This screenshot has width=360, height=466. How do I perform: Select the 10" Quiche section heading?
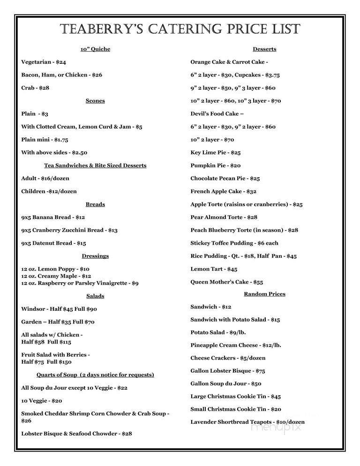(95, 49)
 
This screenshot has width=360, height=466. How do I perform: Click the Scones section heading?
(95, 101)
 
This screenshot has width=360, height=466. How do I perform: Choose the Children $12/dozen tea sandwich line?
(49, 191)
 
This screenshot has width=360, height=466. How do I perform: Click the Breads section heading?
(95, 204)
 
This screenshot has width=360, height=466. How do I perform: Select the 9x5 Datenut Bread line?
(53, 243)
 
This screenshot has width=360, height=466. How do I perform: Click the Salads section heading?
(95, 296)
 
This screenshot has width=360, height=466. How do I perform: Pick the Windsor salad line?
(59, 309)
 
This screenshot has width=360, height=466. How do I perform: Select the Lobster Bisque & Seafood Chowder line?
(76, 434)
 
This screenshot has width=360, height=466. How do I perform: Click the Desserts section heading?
(264, 49)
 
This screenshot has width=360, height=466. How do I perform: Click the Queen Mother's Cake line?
(226, 282)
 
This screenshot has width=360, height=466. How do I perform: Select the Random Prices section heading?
(264, 294)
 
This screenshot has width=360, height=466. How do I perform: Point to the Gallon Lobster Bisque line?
(228, 370)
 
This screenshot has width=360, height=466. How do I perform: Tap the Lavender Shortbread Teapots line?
(247, 422)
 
